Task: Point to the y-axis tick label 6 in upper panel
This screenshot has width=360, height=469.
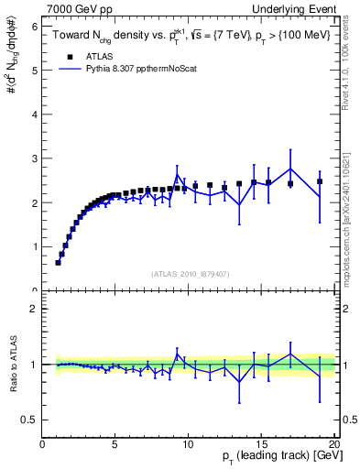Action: pyautogui.click(x=34, y=27)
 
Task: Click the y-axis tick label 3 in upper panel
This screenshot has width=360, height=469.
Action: pyautogui.click(x=34, y=158)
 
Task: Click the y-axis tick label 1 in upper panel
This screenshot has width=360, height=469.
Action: pyautogui.click(x=34, y=246)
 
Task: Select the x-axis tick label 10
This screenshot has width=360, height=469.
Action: pyautogui.click(x=189, y=444)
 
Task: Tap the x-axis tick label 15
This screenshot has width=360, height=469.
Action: pyautogui.click(x=261, y=444)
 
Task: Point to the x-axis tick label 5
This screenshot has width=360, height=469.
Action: pyautogui.click(x=115, y=444)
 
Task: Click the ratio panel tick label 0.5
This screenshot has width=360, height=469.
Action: pyautogui.click(x=30, y=420)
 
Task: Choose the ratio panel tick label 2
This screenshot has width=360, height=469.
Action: pyautogui.click(x=34, y=309)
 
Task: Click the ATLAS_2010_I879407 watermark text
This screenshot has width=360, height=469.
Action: pyautogui.click(x=189, y=273)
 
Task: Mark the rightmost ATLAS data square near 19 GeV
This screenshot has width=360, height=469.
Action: pyautogui.click(x=320, y=181)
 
